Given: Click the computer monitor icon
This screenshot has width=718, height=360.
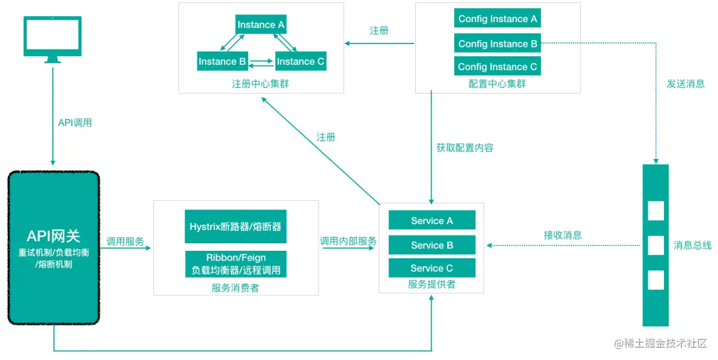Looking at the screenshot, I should [52, 38].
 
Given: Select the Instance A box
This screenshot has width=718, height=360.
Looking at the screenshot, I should [261, 24].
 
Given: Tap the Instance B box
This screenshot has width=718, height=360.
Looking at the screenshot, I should [222, 61].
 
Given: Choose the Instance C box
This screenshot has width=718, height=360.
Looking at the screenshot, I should [300, 61].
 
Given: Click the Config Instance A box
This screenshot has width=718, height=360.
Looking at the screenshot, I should [497, 19].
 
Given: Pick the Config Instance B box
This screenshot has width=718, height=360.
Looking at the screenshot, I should [497, 44].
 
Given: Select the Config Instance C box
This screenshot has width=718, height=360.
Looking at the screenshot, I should [497, 66].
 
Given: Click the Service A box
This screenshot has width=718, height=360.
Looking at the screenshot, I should [432, 221].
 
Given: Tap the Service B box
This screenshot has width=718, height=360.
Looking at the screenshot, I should [432, 245].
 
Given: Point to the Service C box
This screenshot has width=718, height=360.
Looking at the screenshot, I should [432, 268].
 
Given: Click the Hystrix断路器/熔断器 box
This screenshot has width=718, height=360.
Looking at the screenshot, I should [235, 226].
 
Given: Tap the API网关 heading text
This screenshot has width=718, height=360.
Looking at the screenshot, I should [53, 236].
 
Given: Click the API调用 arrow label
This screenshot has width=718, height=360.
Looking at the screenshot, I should [75, 123].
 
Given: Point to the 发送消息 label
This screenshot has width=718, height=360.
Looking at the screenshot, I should [685, 84].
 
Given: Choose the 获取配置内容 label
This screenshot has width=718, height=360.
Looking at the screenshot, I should [465, 147].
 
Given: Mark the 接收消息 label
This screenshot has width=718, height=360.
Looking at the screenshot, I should [562, 235].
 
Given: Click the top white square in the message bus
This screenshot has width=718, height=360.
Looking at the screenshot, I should [656, 211].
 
